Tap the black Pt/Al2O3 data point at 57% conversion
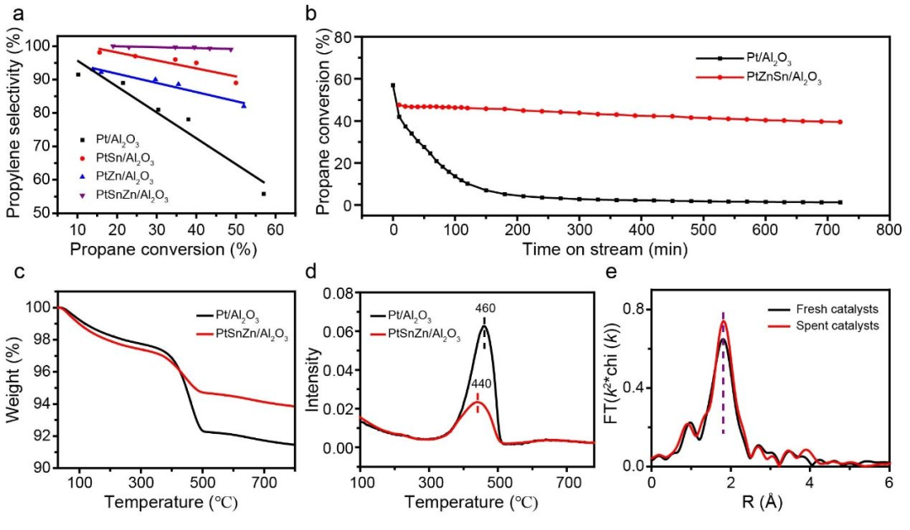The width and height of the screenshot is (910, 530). click(264, 194)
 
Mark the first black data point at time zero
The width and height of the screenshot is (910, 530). click(393, 86)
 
